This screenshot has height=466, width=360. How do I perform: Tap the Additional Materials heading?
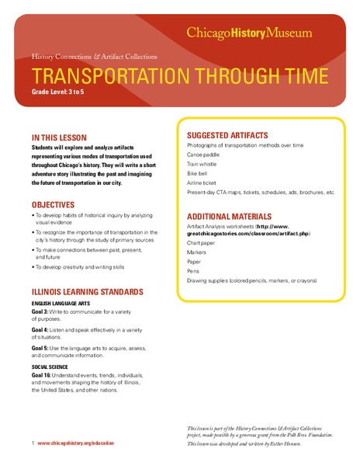tap(230, 216)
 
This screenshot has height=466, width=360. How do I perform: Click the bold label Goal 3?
tap(42, 310)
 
